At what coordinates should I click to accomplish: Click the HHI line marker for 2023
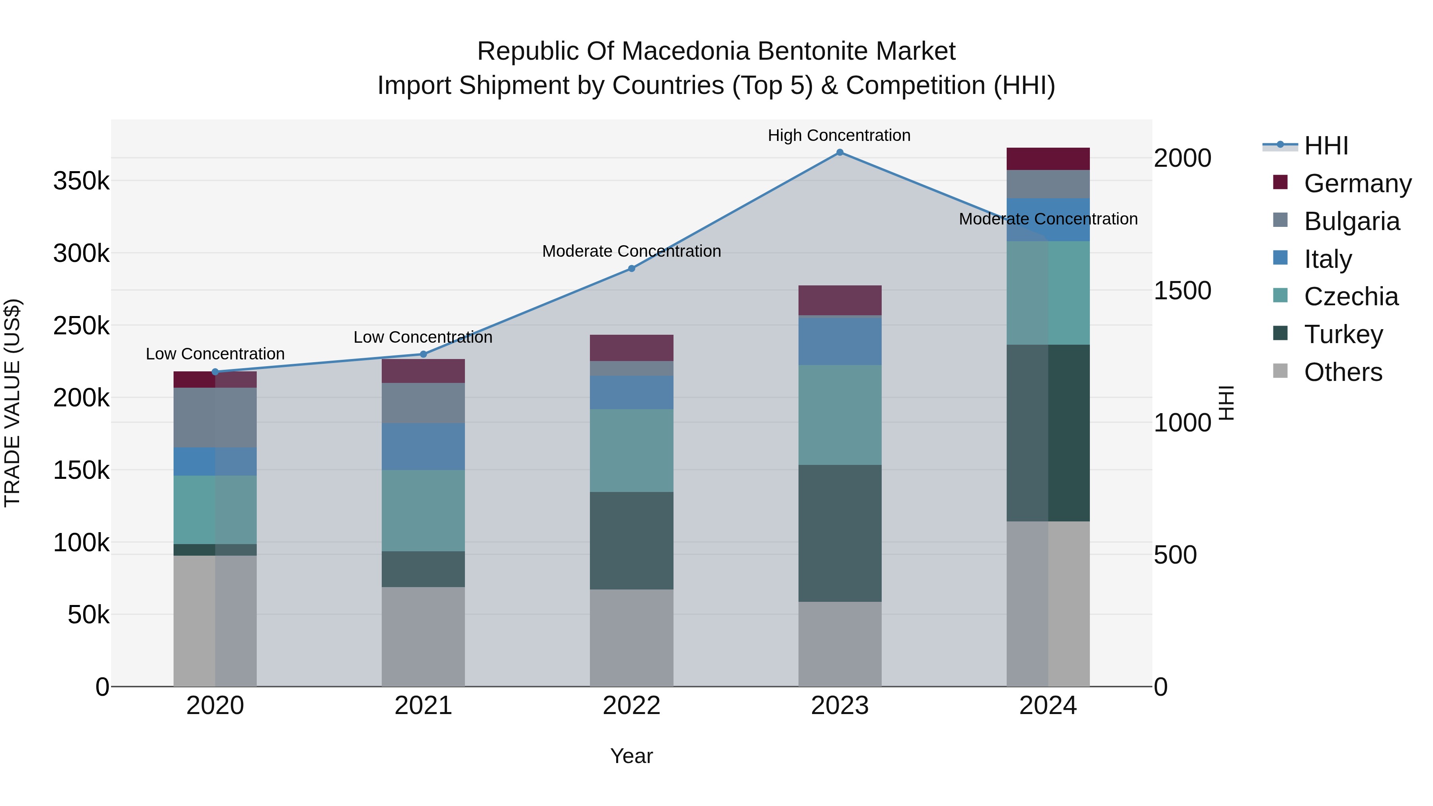(839, 152)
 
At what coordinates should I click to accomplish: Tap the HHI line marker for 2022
(631, 269)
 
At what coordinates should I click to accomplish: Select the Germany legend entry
(1357, 183)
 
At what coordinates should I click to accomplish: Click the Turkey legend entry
(1343, 334)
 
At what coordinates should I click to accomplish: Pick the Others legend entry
(1343, 372)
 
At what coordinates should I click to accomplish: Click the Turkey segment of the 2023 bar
(839, 533)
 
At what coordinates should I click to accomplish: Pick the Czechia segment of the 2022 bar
(631, 451)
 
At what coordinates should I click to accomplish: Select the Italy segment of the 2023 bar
(839, 340)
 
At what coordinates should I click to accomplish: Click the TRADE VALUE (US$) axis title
(12, 403)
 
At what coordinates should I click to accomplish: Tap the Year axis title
(631, 756)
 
